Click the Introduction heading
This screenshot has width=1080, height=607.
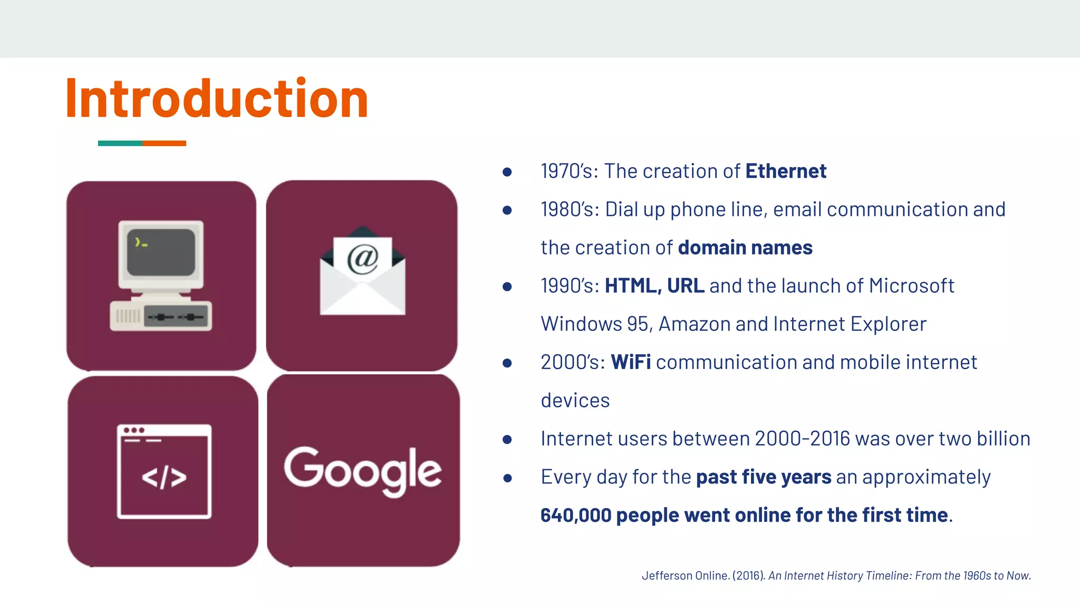[216, 99]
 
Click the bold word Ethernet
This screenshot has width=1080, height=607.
[785, 171]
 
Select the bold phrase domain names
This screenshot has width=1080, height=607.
[745, 248]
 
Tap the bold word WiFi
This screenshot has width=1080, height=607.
[630, 363]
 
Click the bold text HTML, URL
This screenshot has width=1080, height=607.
[654, 286]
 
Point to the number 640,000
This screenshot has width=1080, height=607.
[575, 515]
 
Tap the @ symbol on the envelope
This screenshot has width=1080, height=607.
[363, 258]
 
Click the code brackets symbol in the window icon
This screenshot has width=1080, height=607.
[164, 477]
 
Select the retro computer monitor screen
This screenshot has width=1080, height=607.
[161, 252]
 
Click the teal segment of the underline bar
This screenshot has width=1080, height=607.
[120, 143]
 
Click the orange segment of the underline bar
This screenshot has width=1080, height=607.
[164, 143]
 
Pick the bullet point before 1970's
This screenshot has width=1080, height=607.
[507, 172]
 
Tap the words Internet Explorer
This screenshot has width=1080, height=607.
[849, 324]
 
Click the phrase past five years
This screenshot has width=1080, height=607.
[763, 477]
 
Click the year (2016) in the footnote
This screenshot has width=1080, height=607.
[748, 576]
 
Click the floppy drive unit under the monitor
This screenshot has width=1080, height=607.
[161, 316]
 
